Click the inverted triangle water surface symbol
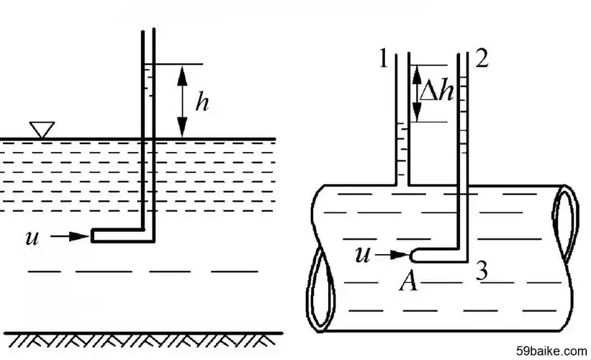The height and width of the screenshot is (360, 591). click(x=42, y=130)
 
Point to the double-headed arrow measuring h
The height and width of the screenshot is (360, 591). click(x=181, y=101)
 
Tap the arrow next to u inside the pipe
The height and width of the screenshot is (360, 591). click(x=395, y=253)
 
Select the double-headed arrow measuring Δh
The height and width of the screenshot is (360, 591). click(x=417, y=92)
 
